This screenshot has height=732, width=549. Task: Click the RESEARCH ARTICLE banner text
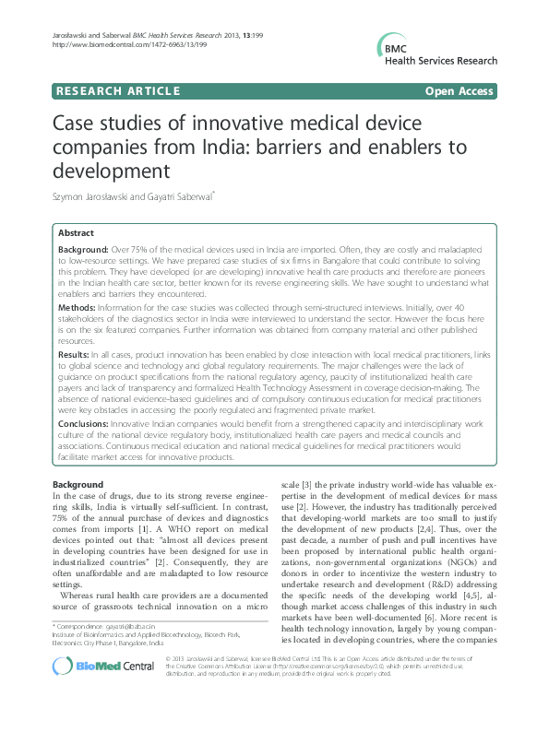click(x=117, y=90)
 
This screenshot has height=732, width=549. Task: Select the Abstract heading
click(x=76, y=234)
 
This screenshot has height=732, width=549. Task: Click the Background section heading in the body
click(x=78, y=485)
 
